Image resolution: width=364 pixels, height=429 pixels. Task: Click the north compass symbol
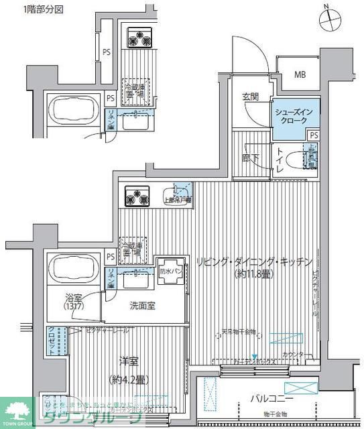click(332, 19)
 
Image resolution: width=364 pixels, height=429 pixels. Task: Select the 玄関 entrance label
click(251, 97)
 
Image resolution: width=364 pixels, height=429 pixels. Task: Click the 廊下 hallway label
click(251, 158)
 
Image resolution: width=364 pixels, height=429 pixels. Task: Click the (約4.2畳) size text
click(128, 379)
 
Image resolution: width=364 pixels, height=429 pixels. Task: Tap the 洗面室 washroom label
click(143, 304)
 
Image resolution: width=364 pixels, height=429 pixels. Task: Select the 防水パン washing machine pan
click(169, 271)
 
